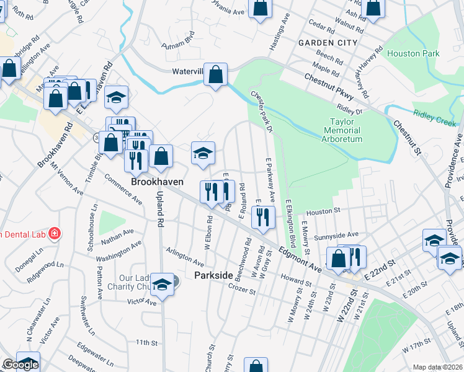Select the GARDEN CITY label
[x=328, y=43]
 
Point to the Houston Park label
[x=413, y=54]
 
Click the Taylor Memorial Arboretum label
[x=342, y=131]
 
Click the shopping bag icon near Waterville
[x=215, y=76]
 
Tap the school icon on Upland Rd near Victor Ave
[x=163, y=286]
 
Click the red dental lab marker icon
[x=55, y=234]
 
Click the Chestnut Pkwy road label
[x=329, y=87]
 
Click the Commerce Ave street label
[x=123, y=188]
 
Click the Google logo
[x=20, y=365]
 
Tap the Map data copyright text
[x=437, y=367]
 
